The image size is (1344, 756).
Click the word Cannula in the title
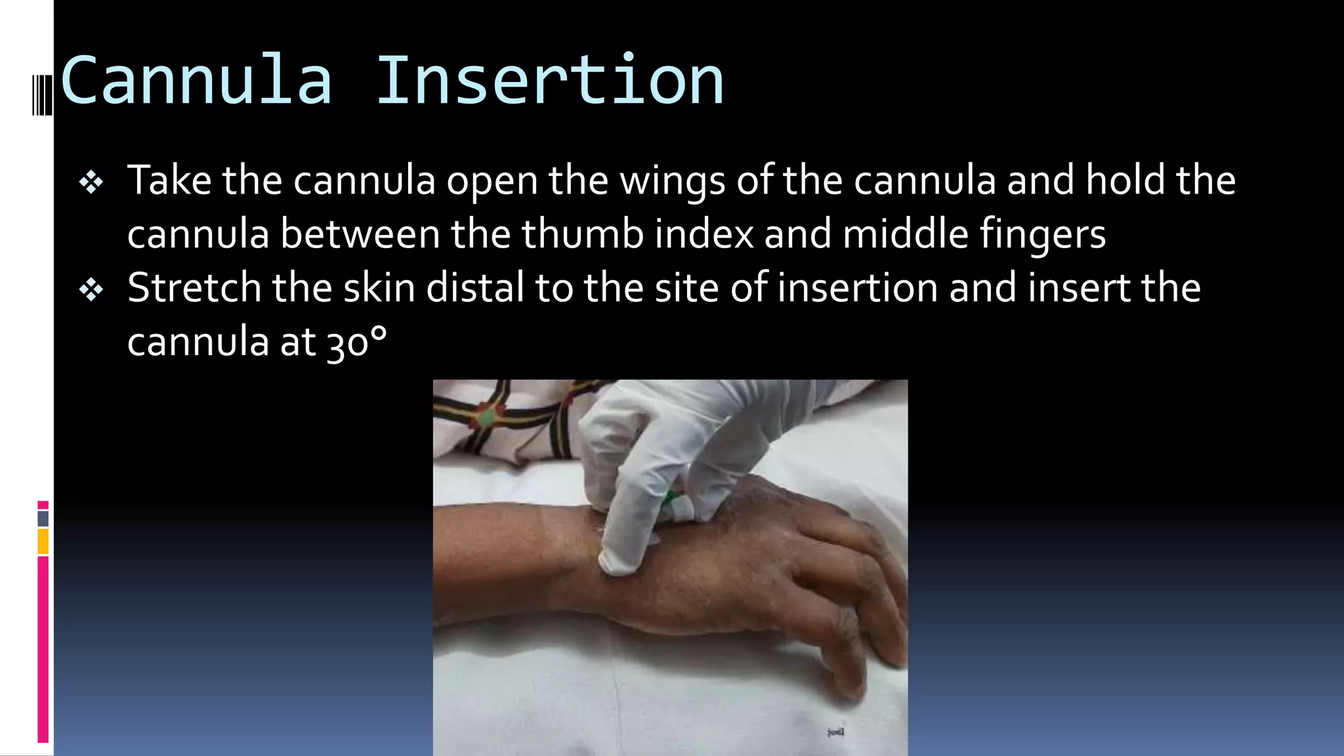(x=196, y=81)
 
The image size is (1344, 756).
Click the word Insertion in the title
(x=550, y=81)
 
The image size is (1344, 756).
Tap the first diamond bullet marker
(x=91, y=182)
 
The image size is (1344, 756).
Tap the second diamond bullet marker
(x=91, y=289)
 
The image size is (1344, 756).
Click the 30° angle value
(x=356, y=343)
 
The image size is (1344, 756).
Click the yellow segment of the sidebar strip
(x=43, y=542)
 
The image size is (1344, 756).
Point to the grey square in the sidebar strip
(x=43, y=518)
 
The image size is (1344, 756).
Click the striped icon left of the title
(x=42, y=94)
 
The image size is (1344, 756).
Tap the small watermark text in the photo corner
(x=835, y=732)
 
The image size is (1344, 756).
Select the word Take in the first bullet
(x=169, y=181)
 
